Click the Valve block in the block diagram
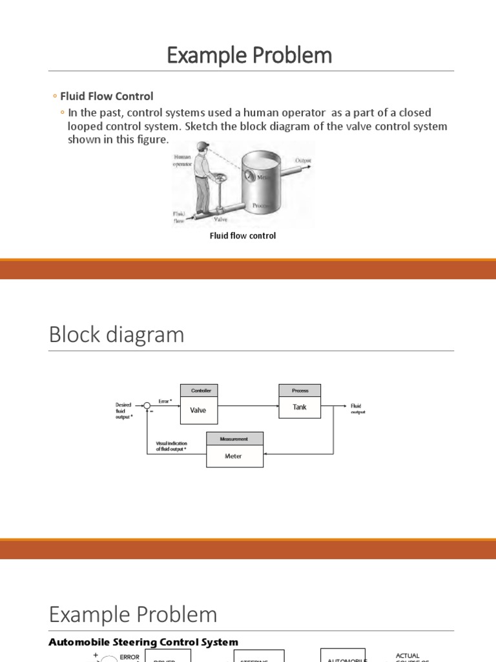pos(198,410)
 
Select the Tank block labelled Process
pos(300,407)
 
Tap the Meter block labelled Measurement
pos(233,456)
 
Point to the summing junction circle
pos(147,405)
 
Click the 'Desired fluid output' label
pos(123,411)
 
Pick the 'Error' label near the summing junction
pos(165,401)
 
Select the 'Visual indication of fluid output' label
pos(171,446)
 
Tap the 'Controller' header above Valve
pos(198,390)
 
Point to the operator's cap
pos(205,145)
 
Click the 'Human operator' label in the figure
pos(182,160)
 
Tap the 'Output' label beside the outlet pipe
pos(304,160)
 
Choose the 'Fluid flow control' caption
pos(243,236)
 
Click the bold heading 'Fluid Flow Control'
pos(107,96)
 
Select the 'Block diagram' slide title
pos(116,335)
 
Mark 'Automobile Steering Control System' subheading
pos(144,642)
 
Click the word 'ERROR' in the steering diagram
pos(129,657)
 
